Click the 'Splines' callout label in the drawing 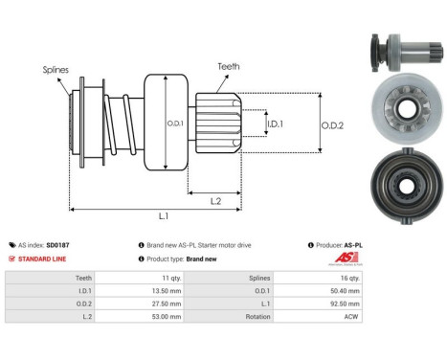(55, 70)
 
